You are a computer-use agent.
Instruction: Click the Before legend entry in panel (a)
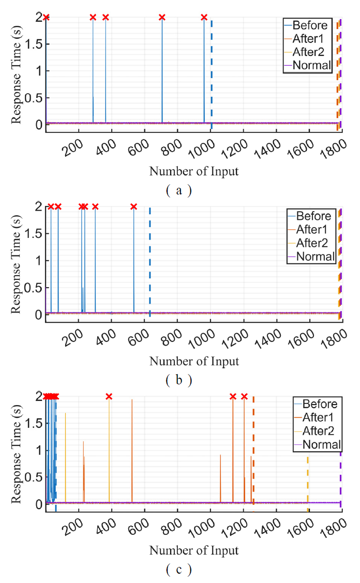pos(310,25)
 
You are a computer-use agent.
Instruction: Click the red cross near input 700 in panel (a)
pos(162,18)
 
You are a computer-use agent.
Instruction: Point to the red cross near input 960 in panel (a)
pos(204,18)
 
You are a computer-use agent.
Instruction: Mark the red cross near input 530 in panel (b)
pos(134,207)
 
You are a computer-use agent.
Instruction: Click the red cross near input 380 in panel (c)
pos(109,397)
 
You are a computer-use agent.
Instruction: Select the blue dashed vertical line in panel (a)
pos(212,72)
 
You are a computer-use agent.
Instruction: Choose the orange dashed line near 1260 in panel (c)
pos(253,450)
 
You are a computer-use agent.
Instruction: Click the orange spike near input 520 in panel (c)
pos(132,450)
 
